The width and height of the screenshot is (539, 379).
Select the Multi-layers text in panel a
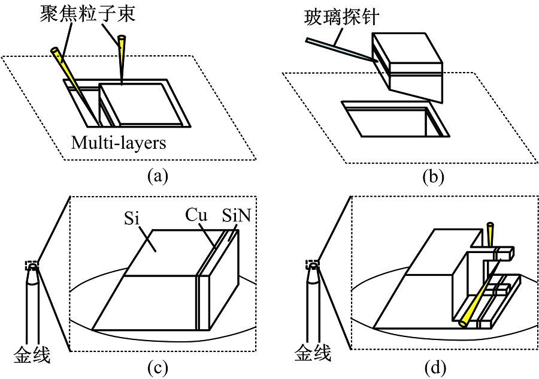coord(119,143)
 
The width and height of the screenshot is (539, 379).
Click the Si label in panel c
coord(132,218)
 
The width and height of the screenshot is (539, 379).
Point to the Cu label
coord(196,215)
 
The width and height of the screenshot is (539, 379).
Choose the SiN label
coord(237,215)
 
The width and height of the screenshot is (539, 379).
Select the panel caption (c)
coord(158,368)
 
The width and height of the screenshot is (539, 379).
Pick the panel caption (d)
coord(435,368)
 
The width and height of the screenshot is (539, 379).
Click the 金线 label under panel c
coord(32,354)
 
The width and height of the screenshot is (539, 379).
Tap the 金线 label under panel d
coord(313,353)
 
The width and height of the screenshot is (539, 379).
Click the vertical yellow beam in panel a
coord(122,57)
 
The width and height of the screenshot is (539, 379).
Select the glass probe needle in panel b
coord(341,50)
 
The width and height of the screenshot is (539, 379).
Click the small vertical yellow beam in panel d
coord(490,234)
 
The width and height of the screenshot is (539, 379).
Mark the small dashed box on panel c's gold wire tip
coord(32,265)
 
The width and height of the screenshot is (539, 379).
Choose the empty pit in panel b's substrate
coord(395,119)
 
